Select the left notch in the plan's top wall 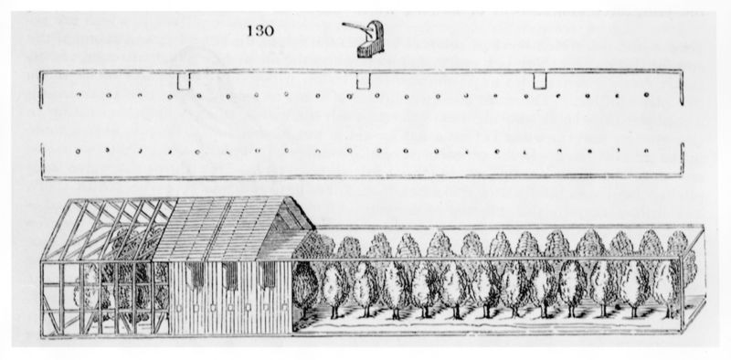pyautogui.click(x=183, y=83)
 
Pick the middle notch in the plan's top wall pyautogui.click(x=363, y=83)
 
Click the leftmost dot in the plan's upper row pyautogui.click(x=81, y=94)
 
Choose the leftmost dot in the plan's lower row pyautogui.click(x=80, y=150)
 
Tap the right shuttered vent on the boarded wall pyautogui.click(x=264, y=274)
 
